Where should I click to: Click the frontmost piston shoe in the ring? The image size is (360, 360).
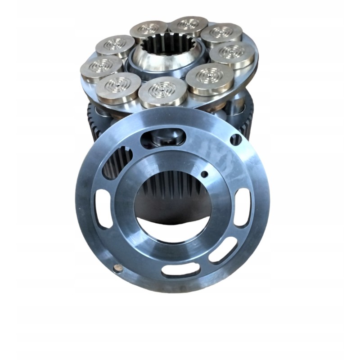pos(162,92)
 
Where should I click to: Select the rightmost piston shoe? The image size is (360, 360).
pos(232,54)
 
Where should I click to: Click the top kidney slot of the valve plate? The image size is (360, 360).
pos(162,137)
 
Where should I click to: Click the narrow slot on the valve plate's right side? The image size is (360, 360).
pos(243,207)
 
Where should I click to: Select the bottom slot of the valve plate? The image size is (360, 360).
pos(180,270)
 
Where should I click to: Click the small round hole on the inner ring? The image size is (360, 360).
pos(204,174)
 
